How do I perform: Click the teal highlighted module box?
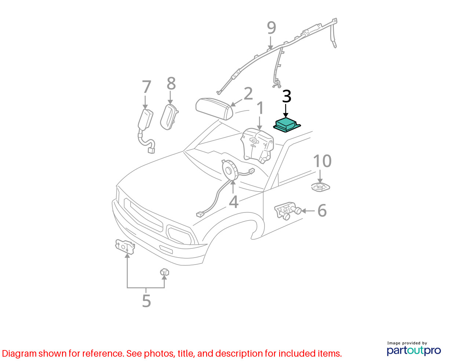pos(287,125)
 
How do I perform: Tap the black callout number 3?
pos(286,97)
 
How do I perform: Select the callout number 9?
pos(271,28)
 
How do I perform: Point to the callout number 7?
pos(146,87)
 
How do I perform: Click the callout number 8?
pos(171,83)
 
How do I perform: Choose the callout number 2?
pos(248,94)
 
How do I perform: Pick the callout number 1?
pos(260,108)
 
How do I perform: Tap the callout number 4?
pos(234,202)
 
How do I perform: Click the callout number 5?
pos(146,301)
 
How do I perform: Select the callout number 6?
pos(322,211)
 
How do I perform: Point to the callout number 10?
pos(322,161)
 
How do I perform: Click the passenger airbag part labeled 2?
pos(214,109)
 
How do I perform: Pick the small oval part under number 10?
pos(320,187)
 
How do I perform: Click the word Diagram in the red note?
pos(19,354)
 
